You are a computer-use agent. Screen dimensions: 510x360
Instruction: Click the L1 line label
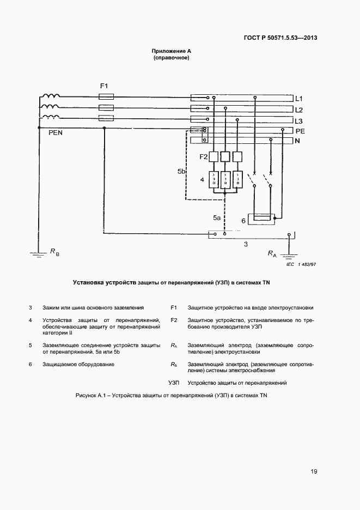pos(298,99)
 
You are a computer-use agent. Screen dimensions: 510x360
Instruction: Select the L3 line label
pos(298,120)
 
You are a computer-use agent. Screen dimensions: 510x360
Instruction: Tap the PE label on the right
pos(299,131)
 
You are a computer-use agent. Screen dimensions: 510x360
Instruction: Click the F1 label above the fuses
pos(105,86)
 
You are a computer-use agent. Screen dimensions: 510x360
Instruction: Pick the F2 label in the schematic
pos(204,157)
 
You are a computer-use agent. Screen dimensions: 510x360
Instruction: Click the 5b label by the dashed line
pos(182,172)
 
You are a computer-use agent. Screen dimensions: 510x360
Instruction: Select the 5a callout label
pos(216,218)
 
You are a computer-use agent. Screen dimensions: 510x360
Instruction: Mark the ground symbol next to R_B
pos(38,252)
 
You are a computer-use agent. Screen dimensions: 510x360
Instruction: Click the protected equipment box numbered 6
pos(263,219)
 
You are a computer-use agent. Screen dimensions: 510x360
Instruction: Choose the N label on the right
pos(297,141)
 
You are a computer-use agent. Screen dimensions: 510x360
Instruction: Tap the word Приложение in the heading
pos(167,51)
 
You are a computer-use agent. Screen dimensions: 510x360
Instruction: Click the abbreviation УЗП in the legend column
pos(174,382)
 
